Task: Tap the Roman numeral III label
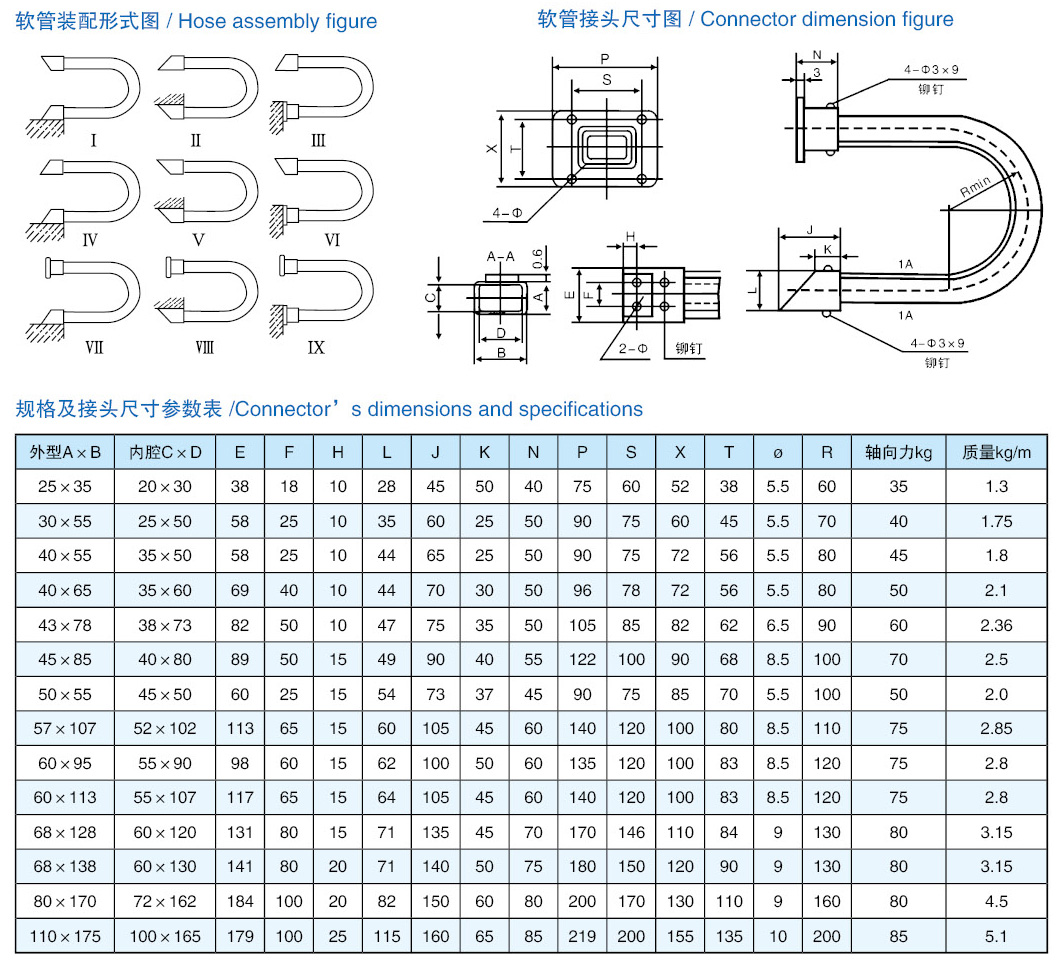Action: pos(318,140)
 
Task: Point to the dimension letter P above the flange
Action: pos(606,59)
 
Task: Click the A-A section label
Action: pos(500,256)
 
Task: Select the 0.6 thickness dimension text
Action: pos(539,259)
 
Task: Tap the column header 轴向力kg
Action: pos(898,452)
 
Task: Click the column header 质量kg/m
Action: pos(996,452)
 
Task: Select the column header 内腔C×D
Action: pos(166,452)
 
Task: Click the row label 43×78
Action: pos(66,625)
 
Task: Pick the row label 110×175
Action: pos(66,936)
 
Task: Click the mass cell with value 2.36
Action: pos(996,625)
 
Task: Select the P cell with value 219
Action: pos(582,936)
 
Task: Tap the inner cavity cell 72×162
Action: pos(166,901)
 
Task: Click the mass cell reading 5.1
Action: pos(996,936)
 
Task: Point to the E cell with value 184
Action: pos(240,901)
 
